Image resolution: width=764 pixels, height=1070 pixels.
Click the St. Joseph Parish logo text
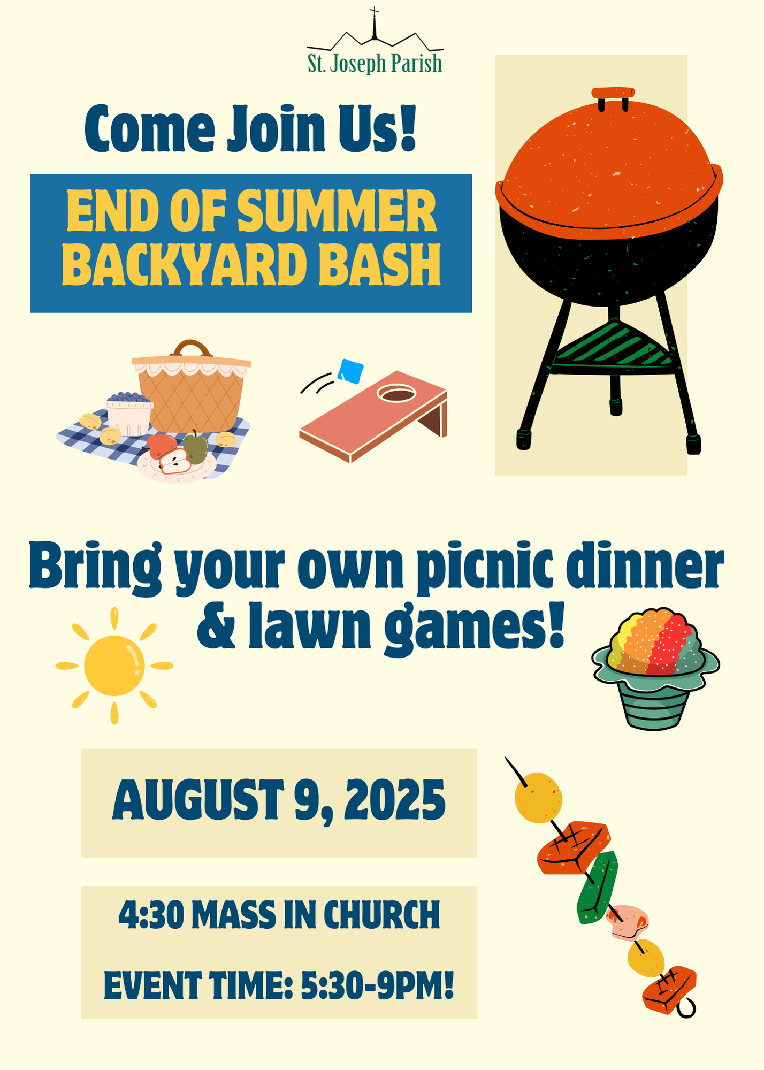pyautogui.click(x=375, y=63)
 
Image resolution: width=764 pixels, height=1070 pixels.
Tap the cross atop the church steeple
pyautogui.click(x=375, y=11)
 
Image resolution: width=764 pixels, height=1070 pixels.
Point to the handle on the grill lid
pyautogui.click(x=613, y=94)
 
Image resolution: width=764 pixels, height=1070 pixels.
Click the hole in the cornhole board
pyautogui.click(x=396, y=394)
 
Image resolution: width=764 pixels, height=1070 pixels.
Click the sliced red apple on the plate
pyautogui.click(x=175, y=461)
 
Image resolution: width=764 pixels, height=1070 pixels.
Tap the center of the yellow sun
pyautogui.click(x=114, y=666)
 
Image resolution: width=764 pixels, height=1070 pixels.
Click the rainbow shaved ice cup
pyautogui.click(x=655, y=669)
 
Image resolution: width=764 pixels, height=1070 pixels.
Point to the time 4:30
pyautogui.click(x=151, y=914)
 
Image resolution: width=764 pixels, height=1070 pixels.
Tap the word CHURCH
pyautogui.click(x=381, y=914)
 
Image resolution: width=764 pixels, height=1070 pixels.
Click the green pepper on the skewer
pyautogui.click(x=597, y=888)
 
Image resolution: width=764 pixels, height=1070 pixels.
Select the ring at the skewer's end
pyautogui.click(x=686, y=1008)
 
